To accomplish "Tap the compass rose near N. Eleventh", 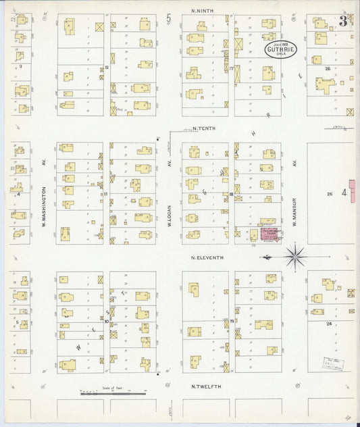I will [x=294, y=256].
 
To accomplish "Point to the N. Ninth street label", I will [x=203, y=10].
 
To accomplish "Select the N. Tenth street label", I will [x=203, y=128].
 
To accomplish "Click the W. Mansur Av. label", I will [x=295, y=193].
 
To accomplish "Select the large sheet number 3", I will [x=344, y=20].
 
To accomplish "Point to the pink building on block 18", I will [x=271, y=234].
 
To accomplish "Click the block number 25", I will [x=330, y=195].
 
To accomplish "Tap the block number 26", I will [x=328, y=68].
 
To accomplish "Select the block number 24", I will [x=329, y=324].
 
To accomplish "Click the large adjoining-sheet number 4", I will [x=344, y=194].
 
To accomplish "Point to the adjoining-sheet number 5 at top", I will [x=170, y=17].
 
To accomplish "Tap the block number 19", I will [x=231, y=320].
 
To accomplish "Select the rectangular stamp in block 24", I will [x=332, y=362].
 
